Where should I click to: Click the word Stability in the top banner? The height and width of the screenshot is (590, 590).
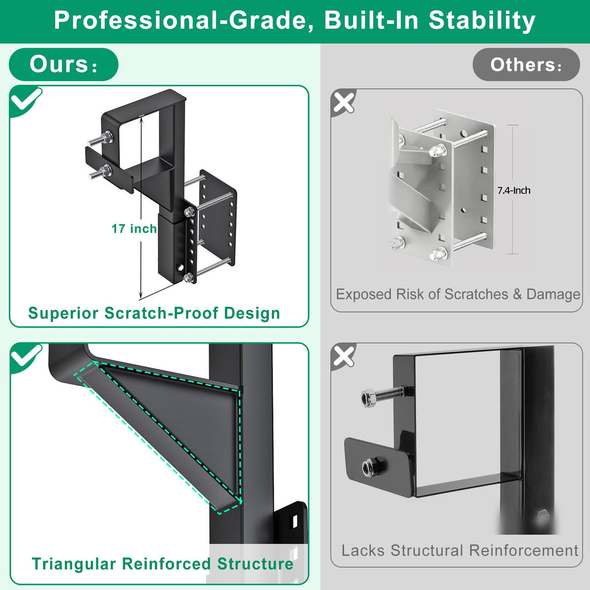click(x=482, y=21)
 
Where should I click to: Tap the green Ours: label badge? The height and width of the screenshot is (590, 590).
click(x=63, y=64)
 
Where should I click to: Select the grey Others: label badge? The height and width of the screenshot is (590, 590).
click(x=526, y=64)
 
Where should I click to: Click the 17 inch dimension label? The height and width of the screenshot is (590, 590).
click(x=134, y=229)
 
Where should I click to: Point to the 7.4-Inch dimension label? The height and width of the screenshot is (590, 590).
click(x=513, y=190)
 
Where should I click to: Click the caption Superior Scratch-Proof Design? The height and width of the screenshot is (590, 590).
click(x=154, y=313)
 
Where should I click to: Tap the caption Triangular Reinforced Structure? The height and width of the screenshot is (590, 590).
click(x=162, y=564)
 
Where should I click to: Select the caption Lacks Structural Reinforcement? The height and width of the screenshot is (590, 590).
click(x=460, y=551)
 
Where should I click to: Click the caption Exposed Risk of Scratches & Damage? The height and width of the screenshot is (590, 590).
click(x=458, y=294)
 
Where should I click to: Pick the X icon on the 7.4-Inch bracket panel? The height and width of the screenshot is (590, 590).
click(x=344, y=102)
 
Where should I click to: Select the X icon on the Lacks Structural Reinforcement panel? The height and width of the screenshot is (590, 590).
click(x=344, y=356)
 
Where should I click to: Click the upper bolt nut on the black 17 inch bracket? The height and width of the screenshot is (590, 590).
click(x=107, y=137)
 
